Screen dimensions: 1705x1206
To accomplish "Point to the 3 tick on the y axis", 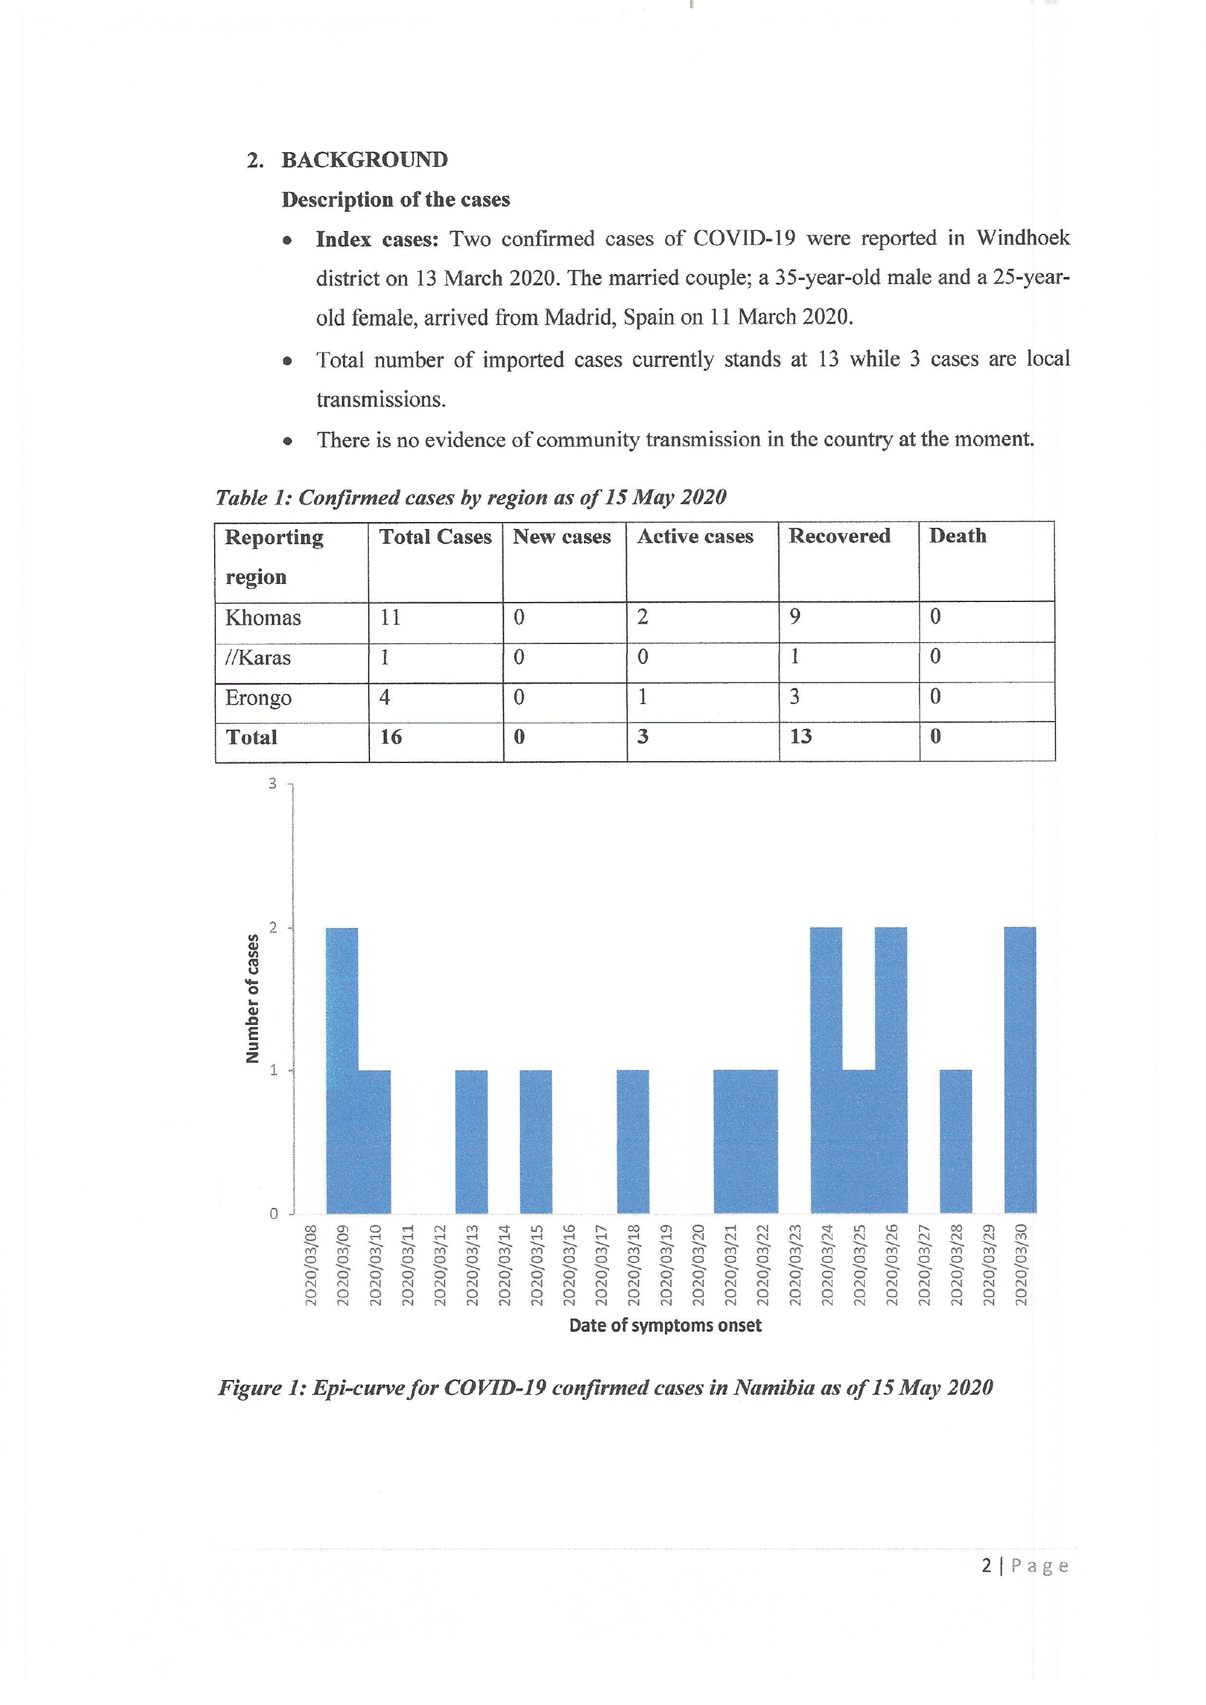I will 272,783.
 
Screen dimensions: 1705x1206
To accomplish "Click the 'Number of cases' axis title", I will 253,998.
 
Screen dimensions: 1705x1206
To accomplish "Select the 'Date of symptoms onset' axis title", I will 665,1325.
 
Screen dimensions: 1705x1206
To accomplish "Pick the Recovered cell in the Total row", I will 800,737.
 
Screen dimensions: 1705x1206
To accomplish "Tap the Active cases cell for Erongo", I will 643,696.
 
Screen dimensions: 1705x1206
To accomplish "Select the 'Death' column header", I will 958,536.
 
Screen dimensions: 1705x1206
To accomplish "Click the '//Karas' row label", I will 258,658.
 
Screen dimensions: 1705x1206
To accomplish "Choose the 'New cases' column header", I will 562,537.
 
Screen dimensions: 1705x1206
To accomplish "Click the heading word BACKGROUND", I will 365,160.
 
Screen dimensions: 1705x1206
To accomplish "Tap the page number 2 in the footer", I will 986,1566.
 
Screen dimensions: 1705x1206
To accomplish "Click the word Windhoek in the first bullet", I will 1023,239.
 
